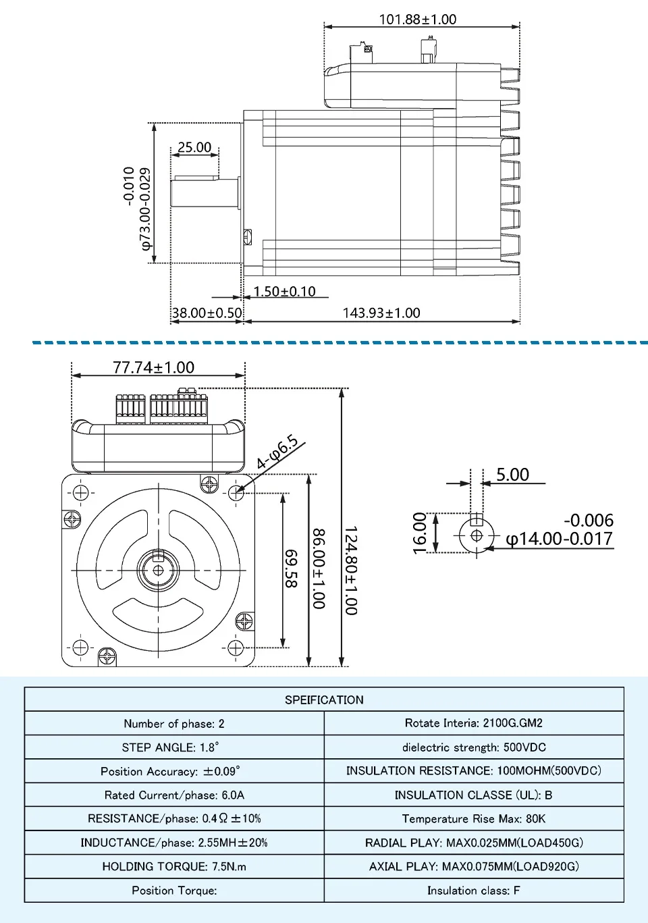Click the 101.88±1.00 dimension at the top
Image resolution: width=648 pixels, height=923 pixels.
(417, 19)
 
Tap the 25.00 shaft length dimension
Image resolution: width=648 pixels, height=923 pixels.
(194, 147)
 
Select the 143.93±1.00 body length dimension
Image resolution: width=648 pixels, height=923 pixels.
(381, 313)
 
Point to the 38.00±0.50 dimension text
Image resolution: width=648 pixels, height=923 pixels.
(207, 313)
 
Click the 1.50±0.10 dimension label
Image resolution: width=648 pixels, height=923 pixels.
(284, 292)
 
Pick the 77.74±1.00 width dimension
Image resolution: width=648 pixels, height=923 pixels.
(153, 367)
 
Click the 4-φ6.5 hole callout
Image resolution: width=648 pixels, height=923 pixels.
(277, 452)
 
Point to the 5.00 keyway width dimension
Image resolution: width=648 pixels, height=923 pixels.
(512, 475)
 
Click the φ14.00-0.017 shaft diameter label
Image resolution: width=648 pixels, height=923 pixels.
(559, 539)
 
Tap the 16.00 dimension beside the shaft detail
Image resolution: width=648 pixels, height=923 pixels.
(420, 533)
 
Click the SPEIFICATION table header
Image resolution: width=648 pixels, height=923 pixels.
(324, 700)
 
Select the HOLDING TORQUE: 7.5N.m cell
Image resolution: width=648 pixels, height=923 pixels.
(174, 866)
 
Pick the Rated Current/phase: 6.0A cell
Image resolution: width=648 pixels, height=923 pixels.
(174, 795)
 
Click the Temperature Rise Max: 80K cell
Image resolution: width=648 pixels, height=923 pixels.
(474, 818)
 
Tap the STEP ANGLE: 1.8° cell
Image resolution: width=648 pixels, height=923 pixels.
(174, 747)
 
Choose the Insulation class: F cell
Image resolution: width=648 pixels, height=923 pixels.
(474, 890)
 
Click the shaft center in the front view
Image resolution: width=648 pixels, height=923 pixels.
(159, 571)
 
